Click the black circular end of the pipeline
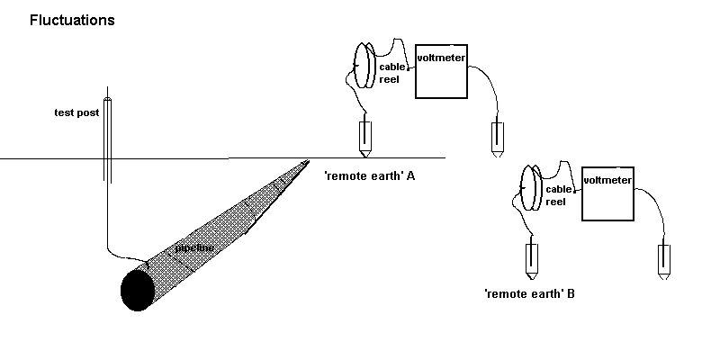(x=137, y=288)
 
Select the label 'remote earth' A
(x=369, y=176)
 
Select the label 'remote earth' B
(x=529, y=293)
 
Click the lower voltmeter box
(x=608, y=193)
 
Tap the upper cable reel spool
(x=364, y=65)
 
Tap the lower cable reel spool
(x=531, y=187)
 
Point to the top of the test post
(x=108, y=100)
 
